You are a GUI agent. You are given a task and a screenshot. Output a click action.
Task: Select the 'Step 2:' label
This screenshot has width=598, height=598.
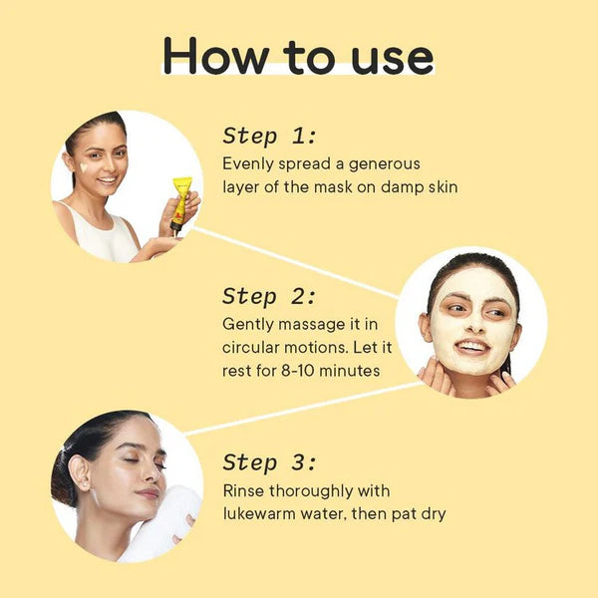pyautogui.click(x=269, y=296)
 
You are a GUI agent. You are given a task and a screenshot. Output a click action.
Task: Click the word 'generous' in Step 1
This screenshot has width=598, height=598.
pyautogui.click(x=381, y=164)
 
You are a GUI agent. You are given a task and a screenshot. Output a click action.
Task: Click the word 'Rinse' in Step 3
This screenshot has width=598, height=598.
pyautogui.click(x=245, y=491)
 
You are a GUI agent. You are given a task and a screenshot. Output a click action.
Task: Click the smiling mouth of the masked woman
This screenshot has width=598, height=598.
pyautogui.click(x=472, y=347)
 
